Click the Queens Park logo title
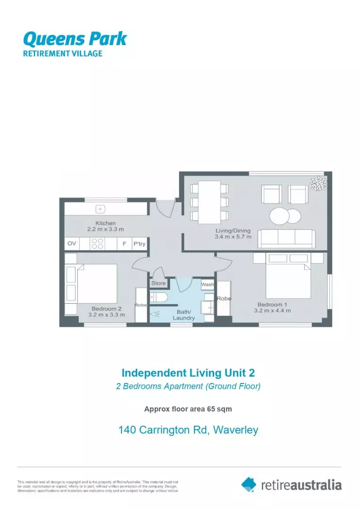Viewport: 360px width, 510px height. coord(75,38)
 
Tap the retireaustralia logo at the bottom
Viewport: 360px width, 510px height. coord(291,484)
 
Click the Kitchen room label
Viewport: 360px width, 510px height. coord(105,223)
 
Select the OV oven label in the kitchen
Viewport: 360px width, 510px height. coord(72,244)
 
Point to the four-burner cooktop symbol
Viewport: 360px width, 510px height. coord(97,244)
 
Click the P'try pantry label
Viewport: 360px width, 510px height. coord(139,244)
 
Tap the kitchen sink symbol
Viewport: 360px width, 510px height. coord(100,208)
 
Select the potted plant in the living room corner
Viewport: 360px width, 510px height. coord(318,183)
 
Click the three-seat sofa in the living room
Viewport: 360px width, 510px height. coord(286,238)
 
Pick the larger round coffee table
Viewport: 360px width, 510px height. coord(279,216)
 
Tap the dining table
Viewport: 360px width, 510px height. coord(209,202)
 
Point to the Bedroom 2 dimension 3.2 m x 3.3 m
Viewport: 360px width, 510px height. coord(107,314)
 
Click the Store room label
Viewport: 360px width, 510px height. coord(159,283)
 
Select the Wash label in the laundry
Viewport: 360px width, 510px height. coord(208,285)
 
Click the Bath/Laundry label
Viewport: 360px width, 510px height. coord(184,315)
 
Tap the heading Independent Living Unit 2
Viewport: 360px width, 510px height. coord(188,373)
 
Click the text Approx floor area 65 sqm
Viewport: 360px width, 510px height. coord(188,409)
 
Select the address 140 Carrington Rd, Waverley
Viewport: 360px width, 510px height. coord(188,430)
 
